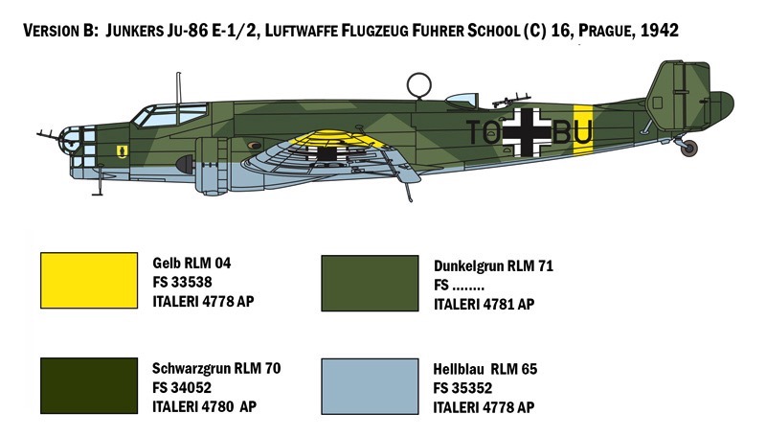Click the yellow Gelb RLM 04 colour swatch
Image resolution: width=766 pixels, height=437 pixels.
[x=89, y=281]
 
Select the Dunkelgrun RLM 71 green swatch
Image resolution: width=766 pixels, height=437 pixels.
[x=370, y=283]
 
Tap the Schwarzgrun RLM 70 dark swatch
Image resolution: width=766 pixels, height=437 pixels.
[x=89, y=385]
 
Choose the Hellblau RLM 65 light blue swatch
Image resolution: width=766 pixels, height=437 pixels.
[x=370, y=386]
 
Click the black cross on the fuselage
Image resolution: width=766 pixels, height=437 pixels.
[x=528, y=132]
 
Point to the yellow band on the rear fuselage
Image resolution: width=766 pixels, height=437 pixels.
[x=583, y=129]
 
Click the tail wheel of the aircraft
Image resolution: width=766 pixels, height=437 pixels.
[x=689, y=149]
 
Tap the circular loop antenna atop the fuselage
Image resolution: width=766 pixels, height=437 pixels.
[x=419, y=84]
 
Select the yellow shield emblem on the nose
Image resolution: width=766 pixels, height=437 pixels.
[x=123, y=151]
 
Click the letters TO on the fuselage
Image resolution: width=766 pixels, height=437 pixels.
[x=484, y=132]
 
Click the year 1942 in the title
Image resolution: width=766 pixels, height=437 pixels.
[x=659, y=31]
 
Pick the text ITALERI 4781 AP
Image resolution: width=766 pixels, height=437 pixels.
[x=484, y=304]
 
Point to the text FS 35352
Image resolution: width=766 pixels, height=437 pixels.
[x=462, y=388]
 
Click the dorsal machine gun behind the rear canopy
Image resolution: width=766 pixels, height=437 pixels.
[x=510, y=101]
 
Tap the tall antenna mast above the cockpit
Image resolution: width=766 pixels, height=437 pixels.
[x=179, y=88]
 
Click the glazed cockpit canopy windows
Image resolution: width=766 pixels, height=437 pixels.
[x=169, y=116]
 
